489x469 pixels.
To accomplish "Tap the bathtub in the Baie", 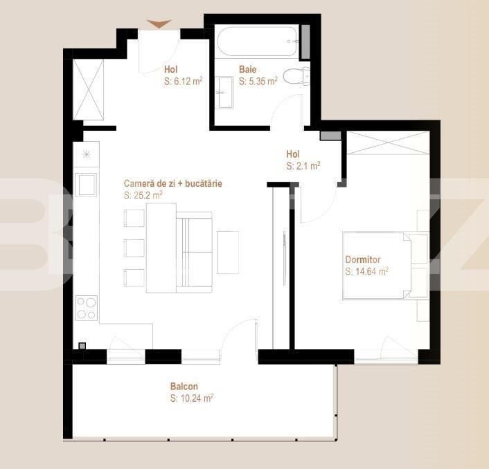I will tap(256, 41).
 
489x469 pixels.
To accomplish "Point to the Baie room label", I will tap(247, 69).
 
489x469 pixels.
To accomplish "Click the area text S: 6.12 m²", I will tap(183, 81).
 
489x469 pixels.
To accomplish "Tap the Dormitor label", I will tap(362, 260).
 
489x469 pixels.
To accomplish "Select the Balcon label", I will tap(184, 387).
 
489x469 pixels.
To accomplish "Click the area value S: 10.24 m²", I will tap(191, 398).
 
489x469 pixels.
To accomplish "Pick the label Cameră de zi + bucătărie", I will tap(173, 184).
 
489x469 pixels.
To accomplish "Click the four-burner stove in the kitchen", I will tap(87, 307).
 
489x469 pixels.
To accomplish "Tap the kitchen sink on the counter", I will tap(87, 185).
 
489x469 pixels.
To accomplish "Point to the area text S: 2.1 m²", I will tap(303, 166).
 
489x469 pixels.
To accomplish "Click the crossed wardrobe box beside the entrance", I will tap(88, 89).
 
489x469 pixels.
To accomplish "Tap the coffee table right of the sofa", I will tap(228, 252).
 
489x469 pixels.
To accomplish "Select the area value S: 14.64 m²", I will tap(366, 272).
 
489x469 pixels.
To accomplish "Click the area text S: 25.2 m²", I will tap(143, 196).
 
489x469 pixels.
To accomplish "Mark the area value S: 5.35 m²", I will tap(258, 81).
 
